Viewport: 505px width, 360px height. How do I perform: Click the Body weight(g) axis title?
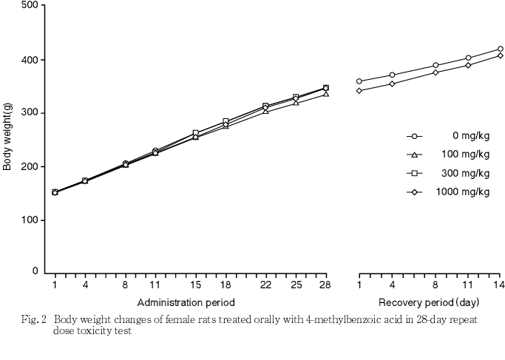tap(7, 139)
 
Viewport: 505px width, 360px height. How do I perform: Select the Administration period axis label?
tap(186, 302)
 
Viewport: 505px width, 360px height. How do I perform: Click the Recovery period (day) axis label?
tap(429, 302)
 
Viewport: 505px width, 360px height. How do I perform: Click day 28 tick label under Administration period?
tap(325, 285)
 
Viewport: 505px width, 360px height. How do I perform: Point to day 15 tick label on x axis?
tap(195, 285)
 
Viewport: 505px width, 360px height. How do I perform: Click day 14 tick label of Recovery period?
tap(500, 285)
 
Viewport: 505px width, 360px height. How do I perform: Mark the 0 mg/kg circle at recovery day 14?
tap(500, 50)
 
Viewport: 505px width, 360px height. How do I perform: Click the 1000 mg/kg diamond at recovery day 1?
tap(359, 91)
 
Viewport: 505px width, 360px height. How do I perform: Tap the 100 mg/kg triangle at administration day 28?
tap(325, 94)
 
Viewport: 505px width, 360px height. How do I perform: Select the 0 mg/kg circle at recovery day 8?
tap(435, 66)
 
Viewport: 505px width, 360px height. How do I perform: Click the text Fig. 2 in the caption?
tap(35, 321)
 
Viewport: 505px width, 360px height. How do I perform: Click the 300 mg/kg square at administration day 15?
tap(195, 134)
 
